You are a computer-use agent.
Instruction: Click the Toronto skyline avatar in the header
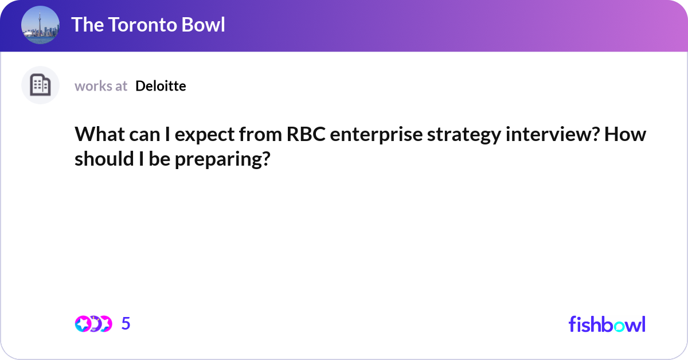(x=40, y=25)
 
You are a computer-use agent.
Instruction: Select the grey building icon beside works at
(x=40, y=85)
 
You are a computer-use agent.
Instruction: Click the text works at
(x=101, y=86)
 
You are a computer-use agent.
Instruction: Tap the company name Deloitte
(x=161, y=86)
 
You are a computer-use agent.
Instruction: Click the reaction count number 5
(x=126, y=324)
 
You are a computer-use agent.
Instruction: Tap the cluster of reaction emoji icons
(x=93, y=324)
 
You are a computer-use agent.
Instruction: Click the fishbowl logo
(x=607, y=324)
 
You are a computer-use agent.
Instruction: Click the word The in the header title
(x=86, y=25)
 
